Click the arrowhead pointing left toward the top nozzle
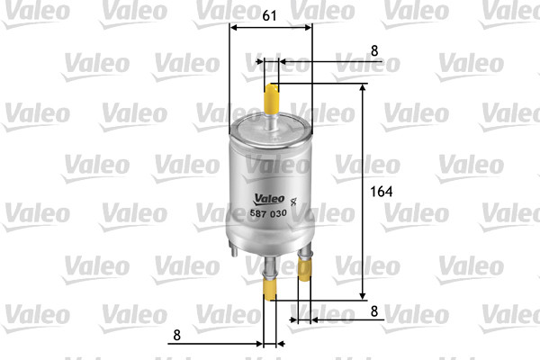coord(283,62)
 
